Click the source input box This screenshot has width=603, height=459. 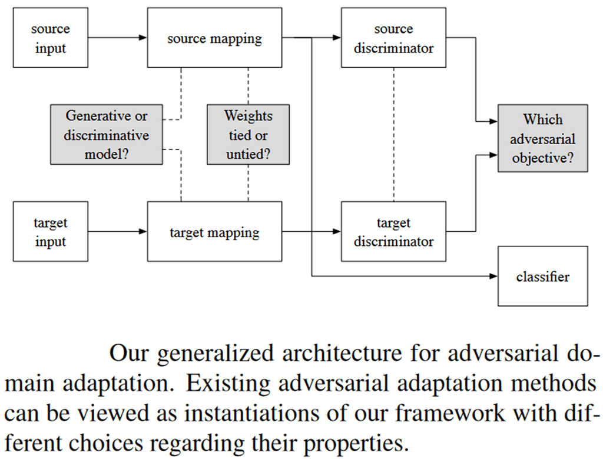50,39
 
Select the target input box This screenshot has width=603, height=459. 50,232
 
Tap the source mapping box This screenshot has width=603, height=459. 214,39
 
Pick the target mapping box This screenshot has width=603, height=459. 214,232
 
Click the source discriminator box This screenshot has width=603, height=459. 393,39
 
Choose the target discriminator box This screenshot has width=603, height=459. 393,232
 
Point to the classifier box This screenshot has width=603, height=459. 542,276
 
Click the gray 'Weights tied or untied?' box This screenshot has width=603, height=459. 248,135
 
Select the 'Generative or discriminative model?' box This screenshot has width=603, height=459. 107,135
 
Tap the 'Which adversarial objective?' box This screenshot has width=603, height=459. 542,139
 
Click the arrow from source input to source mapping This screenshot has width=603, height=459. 117,38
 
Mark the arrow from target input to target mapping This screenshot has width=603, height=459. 117,231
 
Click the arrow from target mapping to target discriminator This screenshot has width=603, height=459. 312,231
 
